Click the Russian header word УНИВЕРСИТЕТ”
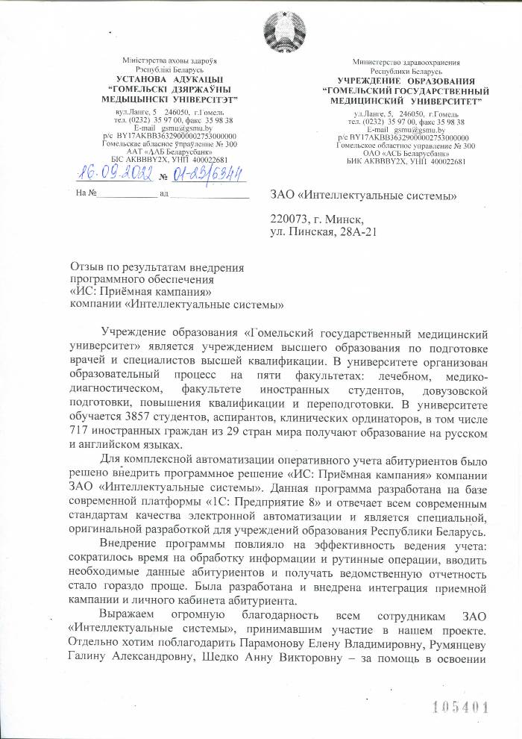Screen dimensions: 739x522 tap(440, 99)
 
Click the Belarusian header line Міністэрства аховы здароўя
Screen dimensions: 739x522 tap(169, 60)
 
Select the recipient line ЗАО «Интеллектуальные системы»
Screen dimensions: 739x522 tap(362, 196)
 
